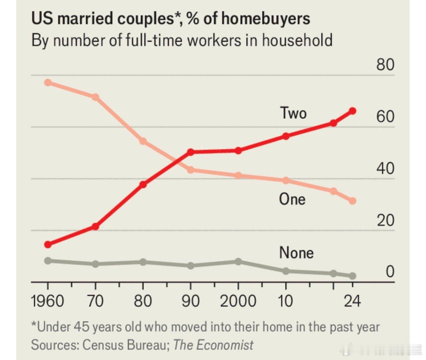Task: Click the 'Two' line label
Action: pos(293,113)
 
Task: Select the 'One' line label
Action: pos(292,199)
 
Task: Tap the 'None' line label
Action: pos(296,253)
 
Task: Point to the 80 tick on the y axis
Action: pos(385,64)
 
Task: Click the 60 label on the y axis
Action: pos(385,116)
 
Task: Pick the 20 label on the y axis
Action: pos(385,220)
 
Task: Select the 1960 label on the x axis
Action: pos(47,301)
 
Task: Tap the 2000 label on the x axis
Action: pos(238,301)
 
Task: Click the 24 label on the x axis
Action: pos(352,301)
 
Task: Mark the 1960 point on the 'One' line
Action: pos(48,82)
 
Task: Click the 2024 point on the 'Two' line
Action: pos(353,111)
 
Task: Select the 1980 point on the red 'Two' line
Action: pos(143,185)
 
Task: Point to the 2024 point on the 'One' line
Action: pos(353,201)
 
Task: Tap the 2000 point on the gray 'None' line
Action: pos(238,261)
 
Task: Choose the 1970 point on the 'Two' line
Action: pos(95,226)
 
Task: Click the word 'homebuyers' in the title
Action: pos(265,19)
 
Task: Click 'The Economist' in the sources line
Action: pos(213,345)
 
